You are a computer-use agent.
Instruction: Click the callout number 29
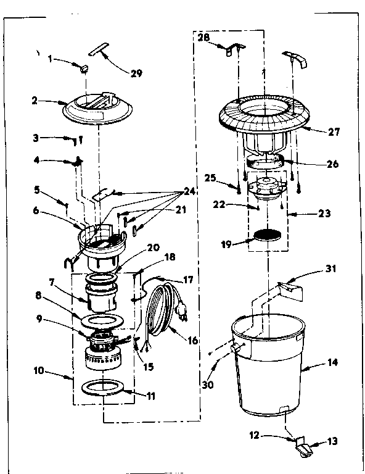(136, 73)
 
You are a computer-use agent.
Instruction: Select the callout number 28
(203, 38)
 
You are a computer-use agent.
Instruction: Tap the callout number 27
(334, 131)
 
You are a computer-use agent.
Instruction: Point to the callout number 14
(332, 363)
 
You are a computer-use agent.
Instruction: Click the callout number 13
(332, 442)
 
